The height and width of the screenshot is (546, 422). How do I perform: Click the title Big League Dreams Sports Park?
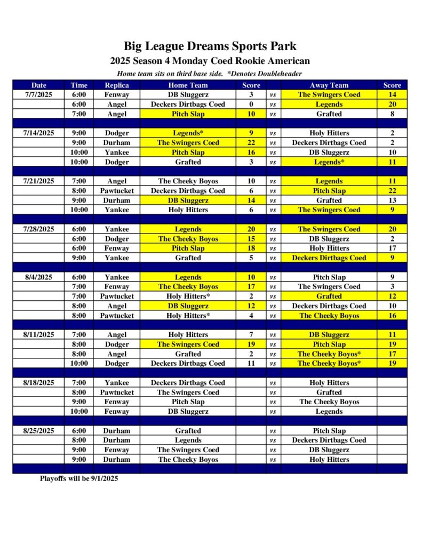(x=210, y=46)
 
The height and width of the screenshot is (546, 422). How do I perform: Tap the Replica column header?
(x=116, y=85)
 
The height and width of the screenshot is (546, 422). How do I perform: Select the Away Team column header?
(x=329, y=85)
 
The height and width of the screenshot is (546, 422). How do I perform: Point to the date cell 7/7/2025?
(x=38, y=94)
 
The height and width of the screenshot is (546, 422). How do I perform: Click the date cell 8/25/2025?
(x=38, y=431)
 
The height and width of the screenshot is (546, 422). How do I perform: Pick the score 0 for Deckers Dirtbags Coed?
(x=251, y=105)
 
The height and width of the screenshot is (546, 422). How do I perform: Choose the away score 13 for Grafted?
(x=392, y=200)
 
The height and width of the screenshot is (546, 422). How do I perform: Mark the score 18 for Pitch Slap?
(x=251, y=248)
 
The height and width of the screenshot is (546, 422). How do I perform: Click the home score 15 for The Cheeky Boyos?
(x=251, y=239)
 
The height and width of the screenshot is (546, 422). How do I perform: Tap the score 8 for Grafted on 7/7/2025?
(x=392, y=114)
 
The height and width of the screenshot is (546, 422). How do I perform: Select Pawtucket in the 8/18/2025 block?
(x=116, y=392)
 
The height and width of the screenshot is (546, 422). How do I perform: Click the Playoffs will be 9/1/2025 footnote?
(x=79, y=479)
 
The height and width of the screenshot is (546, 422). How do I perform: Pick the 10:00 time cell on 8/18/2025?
(x=79, y=412)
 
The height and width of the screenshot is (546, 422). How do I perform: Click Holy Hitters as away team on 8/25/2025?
(x=329, y=460)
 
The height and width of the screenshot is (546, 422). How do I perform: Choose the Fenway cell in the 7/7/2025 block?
(x=116, y=94)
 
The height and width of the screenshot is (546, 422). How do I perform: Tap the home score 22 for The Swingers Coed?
(x=251, y=143)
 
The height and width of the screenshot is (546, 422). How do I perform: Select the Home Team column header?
(x=188, y=85)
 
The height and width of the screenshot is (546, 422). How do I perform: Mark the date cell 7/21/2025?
(x=38, y=181)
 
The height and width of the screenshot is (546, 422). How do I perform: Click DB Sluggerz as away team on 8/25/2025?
(x=329, y=450)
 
